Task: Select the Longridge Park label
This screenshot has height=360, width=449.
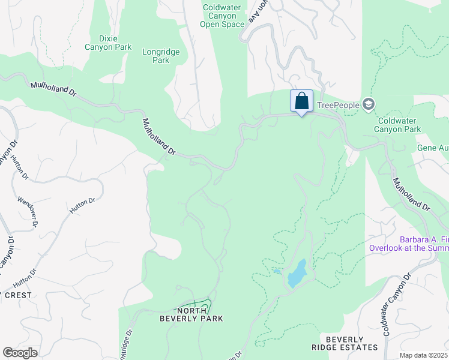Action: click(161, 56)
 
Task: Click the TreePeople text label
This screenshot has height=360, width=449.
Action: click(338, 105)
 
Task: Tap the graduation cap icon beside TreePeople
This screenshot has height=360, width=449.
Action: click(369, 105)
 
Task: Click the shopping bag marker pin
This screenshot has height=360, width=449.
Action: click(301, 101)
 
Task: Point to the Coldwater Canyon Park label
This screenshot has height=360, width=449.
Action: click(396, 125)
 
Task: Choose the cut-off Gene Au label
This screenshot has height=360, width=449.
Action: click(433, 148)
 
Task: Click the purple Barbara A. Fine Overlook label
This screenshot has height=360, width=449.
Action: click(408, 244)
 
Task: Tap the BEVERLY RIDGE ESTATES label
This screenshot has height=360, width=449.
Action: click(345, 343)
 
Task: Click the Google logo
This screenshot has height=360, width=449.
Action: click(20, 353)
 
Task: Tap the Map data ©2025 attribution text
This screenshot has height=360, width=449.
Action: click(424, 355)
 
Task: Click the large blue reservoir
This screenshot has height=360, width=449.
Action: click(297, 274)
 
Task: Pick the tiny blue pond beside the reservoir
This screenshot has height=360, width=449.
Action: click(277, 271)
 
